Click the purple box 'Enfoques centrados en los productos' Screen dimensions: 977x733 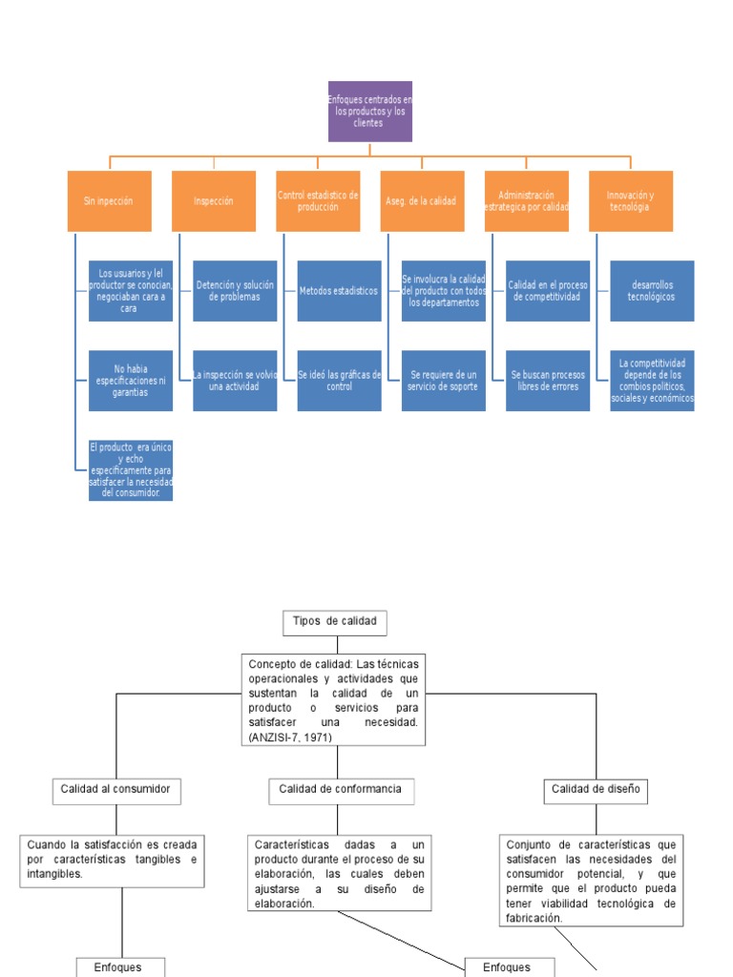[370, 111]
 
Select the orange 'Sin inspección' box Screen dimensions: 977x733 [110, 201]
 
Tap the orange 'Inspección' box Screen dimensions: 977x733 [214, 201]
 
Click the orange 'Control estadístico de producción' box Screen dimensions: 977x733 [318, 201]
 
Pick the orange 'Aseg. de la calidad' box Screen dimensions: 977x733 [422, 201]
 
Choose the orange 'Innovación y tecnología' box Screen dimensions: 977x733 [631, 201]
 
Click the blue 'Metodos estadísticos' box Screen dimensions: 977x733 [339, 291]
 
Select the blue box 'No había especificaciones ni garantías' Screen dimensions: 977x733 [131, 381]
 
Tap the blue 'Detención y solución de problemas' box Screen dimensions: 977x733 [235, 291]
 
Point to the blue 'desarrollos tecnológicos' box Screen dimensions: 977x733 [652, 291]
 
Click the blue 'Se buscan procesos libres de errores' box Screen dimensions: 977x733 [548, 381]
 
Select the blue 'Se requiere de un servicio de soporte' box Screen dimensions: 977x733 [443, 381]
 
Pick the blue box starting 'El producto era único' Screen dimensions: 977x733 [131, 470]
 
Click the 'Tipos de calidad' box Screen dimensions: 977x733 [335, 622]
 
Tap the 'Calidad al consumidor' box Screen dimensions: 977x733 [116, 790]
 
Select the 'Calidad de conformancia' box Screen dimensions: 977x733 [340, 790]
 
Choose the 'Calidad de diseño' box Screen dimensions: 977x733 [597, 790]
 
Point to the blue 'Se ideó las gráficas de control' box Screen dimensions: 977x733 [339, 381]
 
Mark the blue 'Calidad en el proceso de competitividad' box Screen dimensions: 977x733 [548, 291]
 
